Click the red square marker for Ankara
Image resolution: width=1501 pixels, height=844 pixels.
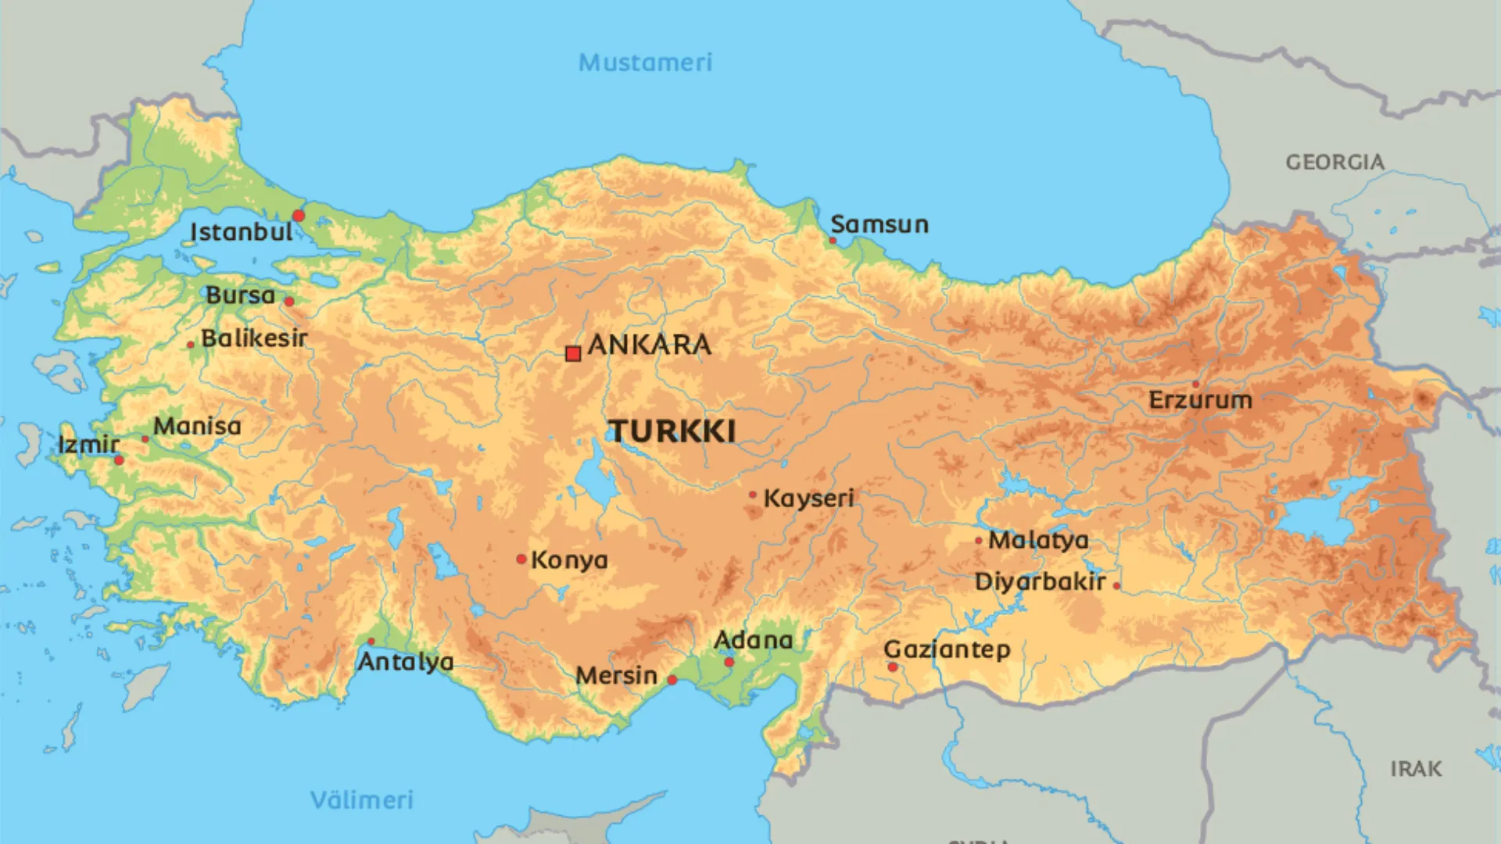pyautogui.click(x=573, y=354)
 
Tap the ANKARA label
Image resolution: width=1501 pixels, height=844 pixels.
pyautogui.click(x=649, y=345)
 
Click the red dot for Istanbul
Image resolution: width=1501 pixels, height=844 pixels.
pyautogui.click(x=299, y=216)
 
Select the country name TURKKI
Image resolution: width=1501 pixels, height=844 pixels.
pyautogui.click(x=672, y=431)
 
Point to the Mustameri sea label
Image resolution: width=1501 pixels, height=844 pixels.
pyautogui.click(x=645, y=63)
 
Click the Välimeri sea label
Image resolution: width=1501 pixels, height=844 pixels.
pyautogui.click(x=361, y=799)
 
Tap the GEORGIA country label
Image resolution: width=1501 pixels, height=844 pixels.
pyautogui.click(x=1334, y=162)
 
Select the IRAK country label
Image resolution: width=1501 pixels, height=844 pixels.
pyautogui.click(x=1415, y=769)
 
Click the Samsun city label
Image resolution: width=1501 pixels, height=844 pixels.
pyautogui.click(x=879, y=224)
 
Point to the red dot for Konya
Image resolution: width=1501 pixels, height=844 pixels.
pyautogui.click(x=521, y=559)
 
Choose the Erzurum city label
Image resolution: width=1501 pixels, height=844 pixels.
pyautogui.click(x=1200, y=400)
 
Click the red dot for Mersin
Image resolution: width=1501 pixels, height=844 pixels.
pyautogui.click(x=672, y=680)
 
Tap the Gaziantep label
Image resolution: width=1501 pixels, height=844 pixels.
pyautogui.click(x=947, y=649)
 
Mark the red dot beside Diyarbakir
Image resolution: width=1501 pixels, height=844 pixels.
pyautogui.click(x=1116, y=585)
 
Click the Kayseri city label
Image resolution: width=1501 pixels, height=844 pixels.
pyautogui.click(x=808, y=498)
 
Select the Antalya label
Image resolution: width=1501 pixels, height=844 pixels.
pyautogui.click(x=405, y=662)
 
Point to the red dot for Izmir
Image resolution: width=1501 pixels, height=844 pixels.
pyautogui.click(x=119, y=460)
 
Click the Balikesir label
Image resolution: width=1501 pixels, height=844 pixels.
pyautogui.click(x=254, y=338)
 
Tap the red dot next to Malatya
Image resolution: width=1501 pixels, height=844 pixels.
pyautogui.click(x=979, y=540)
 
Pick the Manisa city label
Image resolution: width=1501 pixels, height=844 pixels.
pyautogui.click(x=197, y=426)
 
